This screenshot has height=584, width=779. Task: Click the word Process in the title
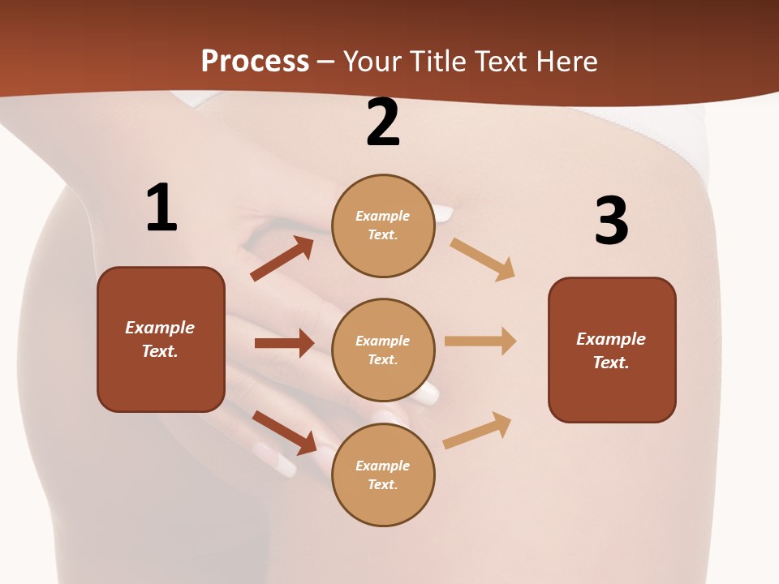pyautogui.click(x=255, y=61)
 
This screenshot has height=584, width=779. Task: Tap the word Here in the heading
pyautogui.click(x=566, y=61)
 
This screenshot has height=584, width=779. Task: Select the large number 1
pyautogui.click(x=161, y=208)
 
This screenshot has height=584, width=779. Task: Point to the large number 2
pyautogui.click(x=383, y=122)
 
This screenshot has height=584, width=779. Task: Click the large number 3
pyautogui.click(x=611, y=221)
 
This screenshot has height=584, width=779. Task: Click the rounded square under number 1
pyautogui.click(x=161, y=339)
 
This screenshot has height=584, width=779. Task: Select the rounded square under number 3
pyautogui.click(x=612, y=350)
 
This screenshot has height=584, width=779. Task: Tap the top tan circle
pyautogui.click(x=383, y=225)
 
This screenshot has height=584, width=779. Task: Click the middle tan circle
pyautogui.click(x=383, y=350)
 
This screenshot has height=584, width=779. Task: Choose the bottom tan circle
pyautogui.click(x=383, y=474)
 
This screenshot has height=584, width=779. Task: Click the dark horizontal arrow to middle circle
pyautogui.click(x=284, y=343)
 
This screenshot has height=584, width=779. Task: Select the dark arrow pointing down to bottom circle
pyautogui.click(x=285, y=432)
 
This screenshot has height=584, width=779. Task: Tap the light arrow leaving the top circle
pyautogui.click(x=483, y=259)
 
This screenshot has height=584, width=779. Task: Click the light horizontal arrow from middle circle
pyautogui.click(x=480, y=341)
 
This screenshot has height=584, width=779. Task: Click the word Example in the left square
pyautogui.click(x=160, y=328)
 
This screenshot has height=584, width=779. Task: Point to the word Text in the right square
pyautogui.click(x=610, y=363)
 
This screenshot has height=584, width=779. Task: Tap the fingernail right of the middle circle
pyautogui.click(x=427, y=394)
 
